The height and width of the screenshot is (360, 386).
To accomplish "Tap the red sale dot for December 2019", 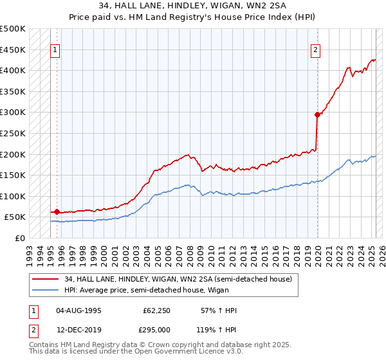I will coord(317,115).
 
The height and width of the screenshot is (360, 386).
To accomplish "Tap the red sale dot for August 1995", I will coord(57,212).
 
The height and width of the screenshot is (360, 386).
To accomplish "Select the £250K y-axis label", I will coord(14,133).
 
